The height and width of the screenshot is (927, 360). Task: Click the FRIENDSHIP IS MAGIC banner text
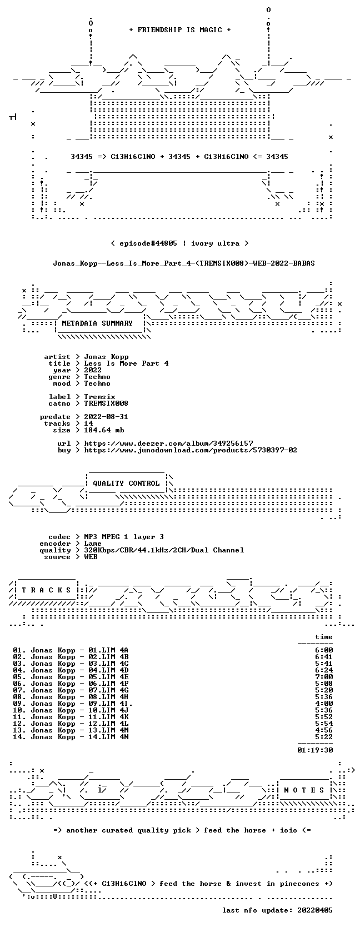(180, 30)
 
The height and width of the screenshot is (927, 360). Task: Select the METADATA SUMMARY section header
(97, 323)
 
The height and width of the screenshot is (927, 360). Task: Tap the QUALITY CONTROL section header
(126, 484)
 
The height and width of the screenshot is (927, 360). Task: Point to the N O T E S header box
(304, 790)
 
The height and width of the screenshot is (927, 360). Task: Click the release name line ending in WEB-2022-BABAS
(184, 263)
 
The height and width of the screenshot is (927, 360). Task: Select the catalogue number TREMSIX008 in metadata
(106, 403)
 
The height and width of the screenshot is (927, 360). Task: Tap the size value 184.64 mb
(104, 430)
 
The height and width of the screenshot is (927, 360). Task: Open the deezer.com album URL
(168, 443)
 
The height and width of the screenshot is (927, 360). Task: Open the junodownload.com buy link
(191, 450)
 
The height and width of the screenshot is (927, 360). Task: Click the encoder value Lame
(93, 544)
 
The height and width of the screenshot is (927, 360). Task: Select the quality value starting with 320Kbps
(164, 550)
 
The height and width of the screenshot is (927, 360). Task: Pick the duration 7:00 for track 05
(324, 676)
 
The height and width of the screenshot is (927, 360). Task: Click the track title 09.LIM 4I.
(111, 703)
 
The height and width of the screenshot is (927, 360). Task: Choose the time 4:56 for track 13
(324, 730)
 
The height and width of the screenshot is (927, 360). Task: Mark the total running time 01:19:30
(315, 750)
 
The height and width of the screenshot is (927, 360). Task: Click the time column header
(324, 637)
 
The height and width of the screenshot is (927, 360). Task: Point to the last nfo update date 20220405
(315, 910)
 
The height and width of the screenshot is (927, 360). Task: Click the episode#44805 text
(148, 243)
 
